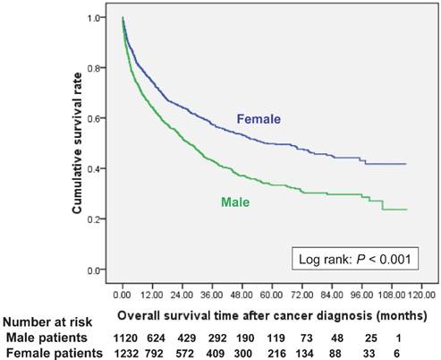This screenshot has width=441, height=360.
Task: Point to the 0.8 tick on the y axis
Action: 100,67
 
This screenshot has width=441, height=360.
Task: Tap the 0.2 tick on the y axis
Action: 100,219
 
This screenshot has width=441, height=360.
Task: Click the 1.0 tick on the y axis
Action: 100,17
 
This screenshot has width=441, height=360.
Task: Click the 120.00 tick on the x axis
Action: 421,295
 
